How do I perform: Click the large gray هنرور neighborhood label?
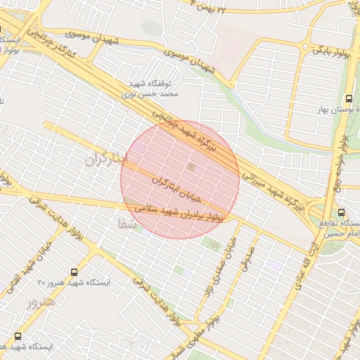39,304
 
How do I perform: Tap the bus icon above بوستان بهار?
349,98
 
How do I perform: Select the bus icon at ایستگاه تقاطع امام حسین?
341,212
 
